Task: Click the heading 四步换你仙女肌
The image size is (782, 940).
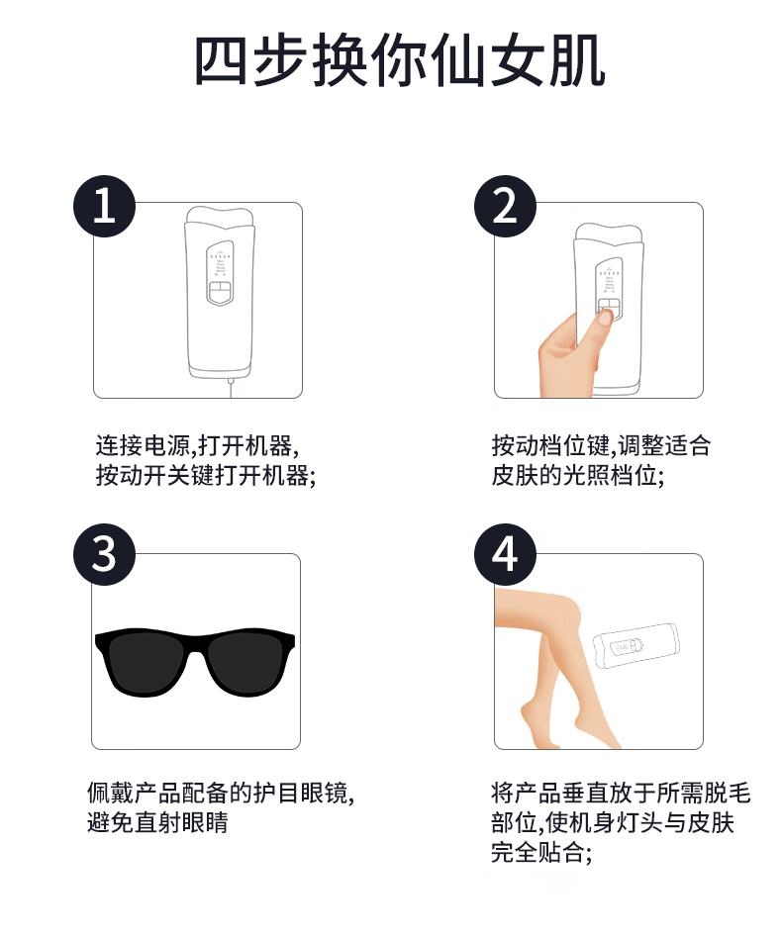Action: point(399,61)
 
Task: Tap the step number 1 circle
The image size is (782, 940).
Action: point(104,206)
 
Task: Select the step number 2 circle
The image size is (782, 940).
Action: point(505,206)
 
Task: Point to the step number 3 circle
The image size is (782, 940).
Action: point(104,554)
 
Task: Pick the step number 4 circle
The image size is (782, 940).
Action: point(505,554)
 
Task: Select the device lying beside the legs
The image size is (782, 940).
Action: point(636,647)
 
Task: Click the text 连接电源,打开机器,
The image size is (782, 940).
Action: point(197,446)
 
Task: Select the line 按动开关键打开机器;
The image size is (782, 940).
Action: point(206,476)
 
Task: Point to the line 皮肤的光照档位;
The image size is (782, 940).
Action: point(578,476)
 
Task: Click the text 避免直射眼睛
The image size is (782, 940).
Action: point(157,822)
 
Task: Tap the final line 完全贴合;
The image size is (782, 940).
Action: point(541,853)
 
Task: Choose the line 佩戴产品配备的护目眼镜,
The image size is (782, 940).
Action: point(221,793)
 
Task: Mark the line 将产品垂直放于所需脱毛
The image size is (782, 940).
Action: point(621,793)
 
